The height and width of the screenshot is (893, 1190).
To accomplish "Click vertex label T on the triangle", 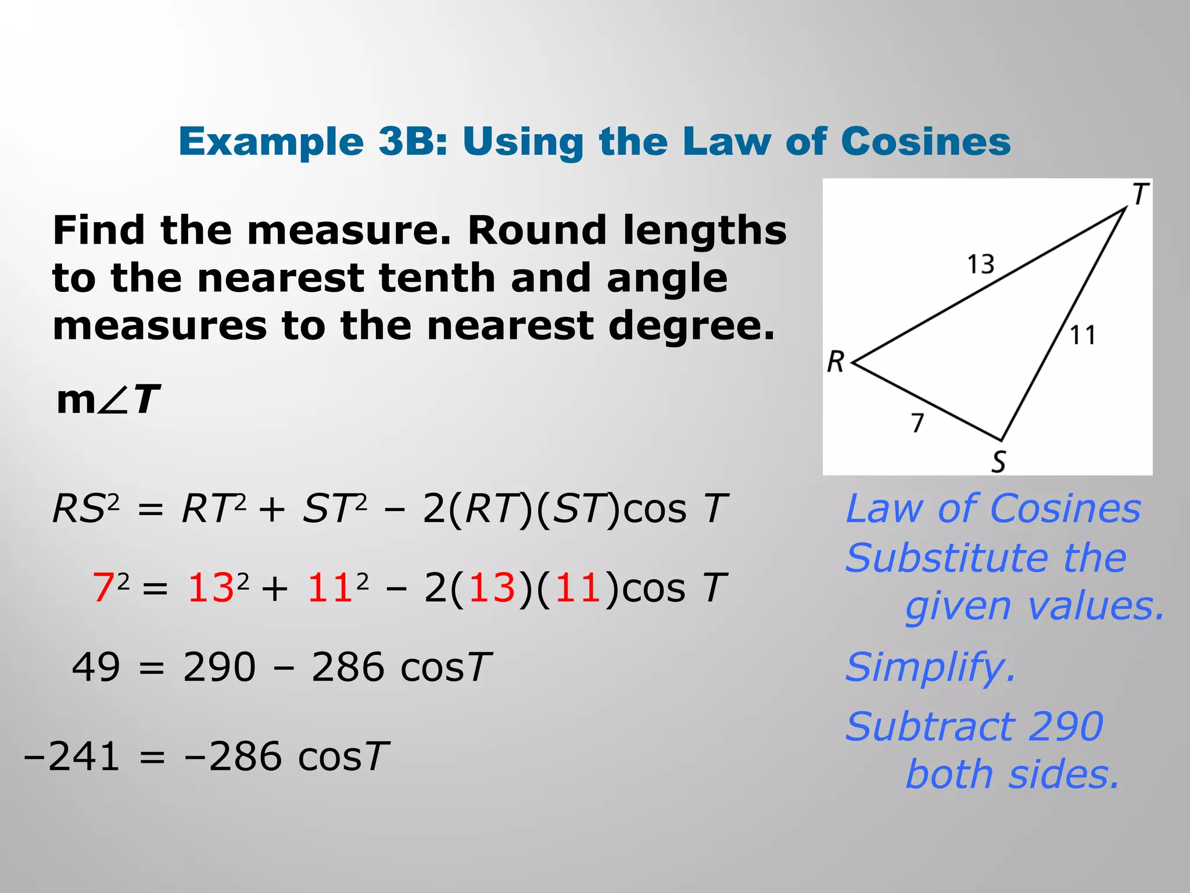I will coord(1140,194).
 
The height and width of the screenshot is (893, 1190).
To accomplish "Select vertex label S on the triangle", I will coord(998,462).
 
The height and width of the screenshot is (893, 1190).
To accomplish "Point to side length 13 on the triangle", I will coord(980,265).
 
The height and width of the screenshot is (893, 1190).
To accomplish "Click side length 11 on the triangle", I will coord(1083,335).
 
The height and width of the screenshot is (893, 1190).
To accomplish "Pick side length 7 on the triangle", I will coord(917,423).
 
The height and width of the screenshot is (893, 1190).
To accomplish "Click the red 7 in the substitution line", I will coord(103,587).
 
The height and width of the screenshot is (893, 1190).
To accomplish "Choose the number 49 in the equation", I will coord(96,667).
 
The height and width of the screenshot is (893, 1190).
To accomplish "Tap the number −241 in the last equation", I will coord(72,757).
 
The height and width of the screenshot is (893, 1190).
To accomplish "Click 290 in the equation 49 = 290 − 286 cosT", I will coord(219,667).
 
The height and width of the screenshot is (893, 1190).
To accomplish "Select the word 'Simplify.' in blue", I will coord(930,668).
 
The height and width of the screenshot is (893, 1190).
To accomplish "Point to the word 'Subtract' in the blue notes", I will coord(929,727).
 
